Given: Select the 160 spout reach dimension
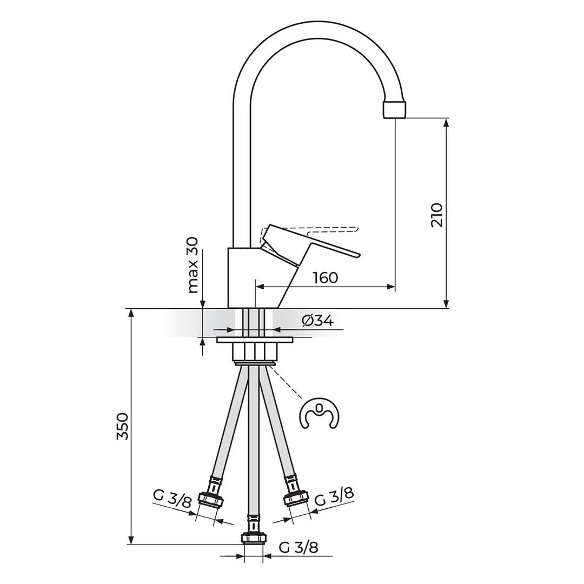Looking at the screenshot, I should [325, 278].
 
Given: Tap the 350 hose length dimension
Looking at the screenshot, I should [123, 426].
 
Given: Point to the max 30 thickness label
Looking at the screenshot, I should [193, 265].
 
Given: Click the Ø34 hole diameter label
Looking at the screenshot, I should [317, 321].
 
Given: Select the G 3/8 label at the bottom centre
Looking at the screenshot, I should [298, 547].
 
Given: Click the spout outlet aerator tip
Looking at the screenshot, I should [394, 109].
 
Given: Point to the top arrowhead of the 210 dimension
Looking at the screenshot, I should [446, 122].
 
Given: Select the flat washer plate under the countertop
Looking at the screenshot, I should [254, 340].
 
